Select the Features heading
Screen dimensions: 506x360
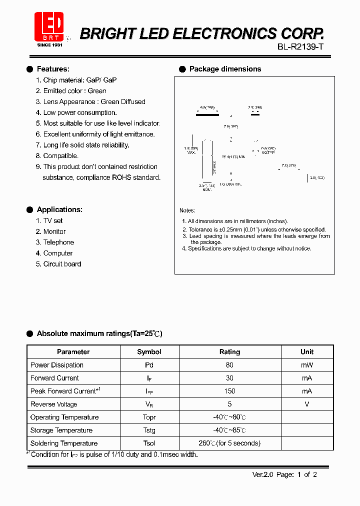click(x=53, y=69)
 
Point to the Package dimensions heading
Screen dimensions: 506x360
click(x=225, y=69)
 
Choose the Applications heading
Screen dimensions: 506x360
click(x=59, y=209)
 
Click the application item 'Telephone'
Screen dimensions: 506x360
click(x=58, y=242)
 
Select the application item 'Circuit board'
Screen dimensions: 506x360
click(x=62, y=264)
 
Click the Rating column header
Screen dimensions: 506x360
click(x=230, y=351)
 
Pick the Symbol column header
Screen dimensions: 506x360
click(x=149, y=351)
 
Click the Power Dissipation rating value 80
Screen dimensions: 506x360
click(x=230, y=365)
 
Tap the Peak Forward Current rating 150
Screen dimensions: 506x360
click(x=230, y=391)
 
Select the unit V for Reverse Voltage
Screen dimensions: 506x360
click(x=307, y=404)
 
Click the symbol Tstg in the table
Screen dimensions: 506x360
click(x=149, y=430)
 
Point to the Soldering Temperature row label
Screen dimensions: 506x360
click(x=64, y=443)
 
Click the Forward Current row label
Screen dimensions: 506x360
click(x=54, y=378)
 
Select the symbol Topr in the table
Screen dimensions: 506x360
click(x=149, y=417)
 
